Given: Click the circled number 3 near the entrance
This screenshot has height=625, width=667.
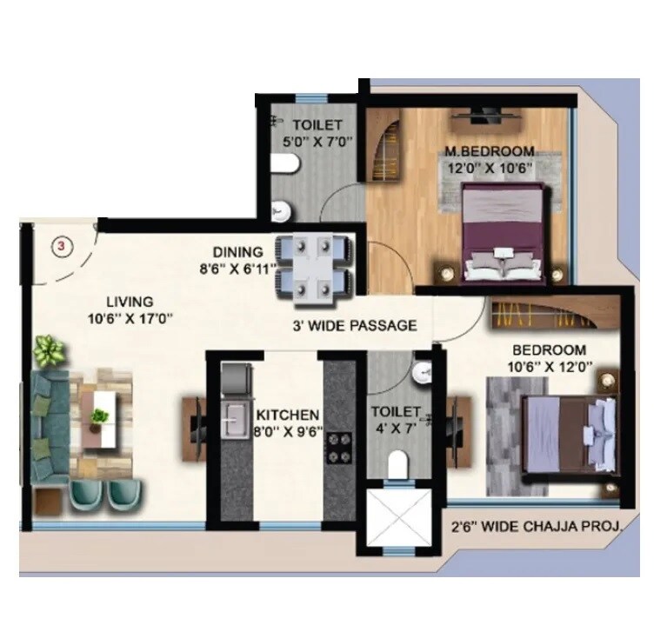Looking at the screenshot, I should pyautogui.click(x=61, y=246).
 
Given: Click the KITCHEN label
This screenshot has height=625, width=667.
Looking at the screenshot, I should pyautogui.click(x=287, y=415).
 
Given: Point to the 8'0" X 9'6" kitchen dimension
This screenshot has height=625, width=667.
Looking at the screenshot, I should pyautogui.click(x=287, y=430).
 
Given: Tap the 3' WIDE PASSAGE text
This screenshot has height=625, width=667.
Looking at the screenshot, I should pyautogui.click(x=354, y=326).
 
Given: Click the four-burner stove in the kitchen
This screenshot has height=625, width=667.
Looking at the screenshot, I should pyautogui.click(x=337, y=444).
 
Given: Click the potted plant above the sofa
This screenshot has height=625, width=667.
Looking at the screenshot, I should pyautogui.click(x=49, y=352).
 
